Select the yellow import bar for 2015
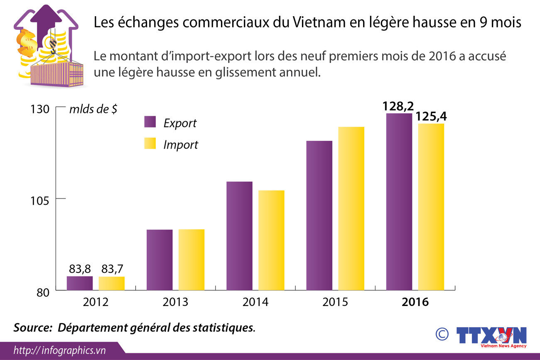[x=351, y=208]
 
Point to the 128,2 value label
[x=399, y=106]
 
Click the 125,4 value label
[x=432, y=117]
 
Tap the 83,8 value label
[x=80, y=269]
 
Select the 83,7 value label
[x=111, y=269]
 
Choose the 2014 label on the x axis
[x=255, y=302]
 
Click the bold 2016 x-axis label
[x=415, y=302]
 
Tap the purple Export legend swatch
[x=150, y=122]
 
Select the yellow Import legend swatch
[x=150, y=143]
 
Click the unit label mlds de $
[x=93, y=110]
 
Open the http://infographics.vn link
[x=60, y=350]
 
